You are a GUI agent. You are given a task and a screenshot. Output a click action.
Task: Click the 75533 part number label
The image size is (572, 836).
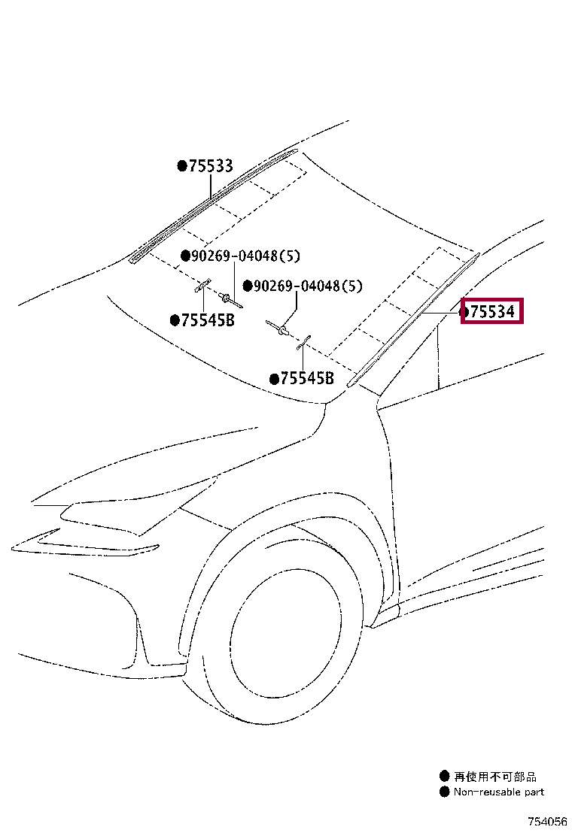click(x=210, y=166)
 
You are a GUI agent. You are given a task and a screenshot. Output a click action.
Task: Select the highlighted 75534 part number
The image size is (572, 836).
click(x=492, y=310)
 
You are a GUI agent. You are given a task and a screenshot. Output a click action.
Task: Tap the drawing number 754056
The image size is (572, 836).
click(x=547, y=822)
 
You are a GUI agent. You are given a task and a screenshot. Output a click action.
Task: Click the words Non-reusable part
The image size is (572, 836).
click(x=498, y=792)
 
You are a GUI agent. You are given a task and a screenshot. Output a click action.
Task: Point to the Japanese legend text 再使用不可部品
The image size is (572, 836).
click(x=495, y=777)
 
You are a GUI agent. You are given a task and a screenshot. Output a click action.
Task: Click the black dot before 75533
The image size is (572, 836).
click(x=181, y=166)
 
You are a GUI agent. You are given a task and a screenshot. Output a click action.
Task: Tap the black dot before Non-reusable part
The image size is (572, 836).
click(x=445, y=792)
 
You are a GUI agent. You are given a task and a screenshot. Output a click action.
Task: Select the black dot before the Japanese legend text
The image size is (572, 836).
click(x=445, y=777)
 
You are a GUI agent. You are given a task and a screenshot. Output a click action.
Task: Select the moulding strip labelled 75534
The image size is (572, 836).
click(x=414, y=320)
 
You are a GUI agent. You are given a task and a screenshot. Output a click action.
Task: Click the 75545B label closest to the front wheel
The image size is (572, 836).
click(x=306, y=379)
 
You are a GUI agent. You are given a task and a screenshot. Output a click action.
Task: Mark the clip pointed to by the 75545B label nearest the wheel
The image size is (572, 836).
click(x=303, y=344)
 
